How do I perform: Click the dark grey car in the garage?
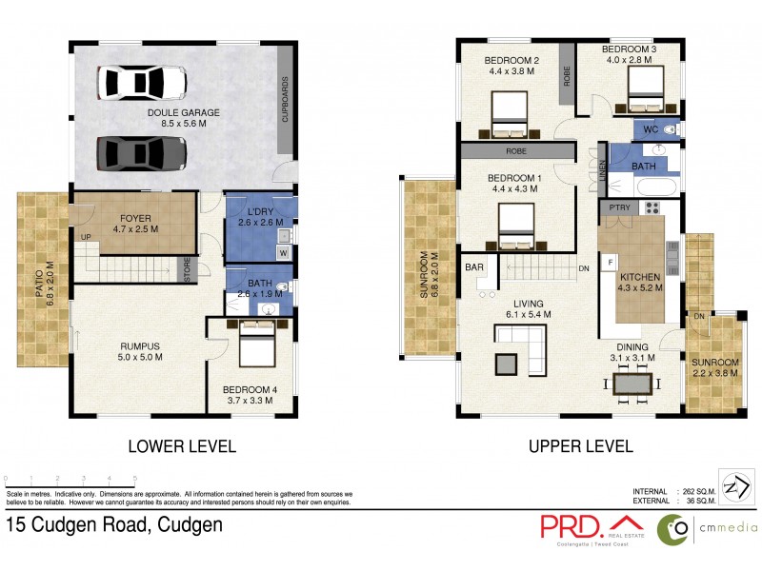[142, 152]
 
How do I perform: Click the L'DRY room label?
[259, 216]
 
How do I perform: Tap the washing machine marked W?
[283, 253]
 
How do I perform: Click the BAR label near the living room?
[473, 268]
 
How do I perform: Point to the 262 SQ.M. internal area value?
[697, 491]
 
